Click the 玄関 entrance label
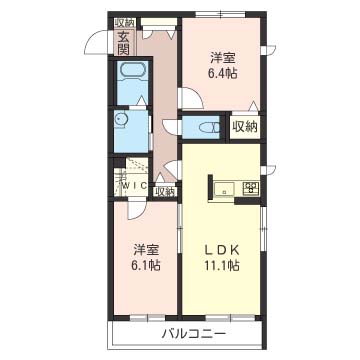click(124, 42)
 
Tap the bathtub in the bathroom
click(133, 71)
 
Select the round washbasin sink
click(120, 119)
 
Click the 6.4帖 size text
click(223, 74)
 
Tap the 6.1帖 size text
click(147, 265)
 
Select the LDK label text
click(222, 250)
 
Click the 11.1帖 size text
click(222, 265)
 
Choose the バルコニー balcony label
click(194, 333)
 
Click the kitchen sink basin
click(224, 190)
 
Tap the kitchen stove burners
click(251, 188)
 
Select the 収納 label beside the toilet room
click(245, 127)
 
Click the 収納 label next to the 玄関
click(125, 23)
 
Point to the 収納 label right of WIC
click(165, 192)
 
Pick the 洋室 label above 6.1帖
click(146, 250)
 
